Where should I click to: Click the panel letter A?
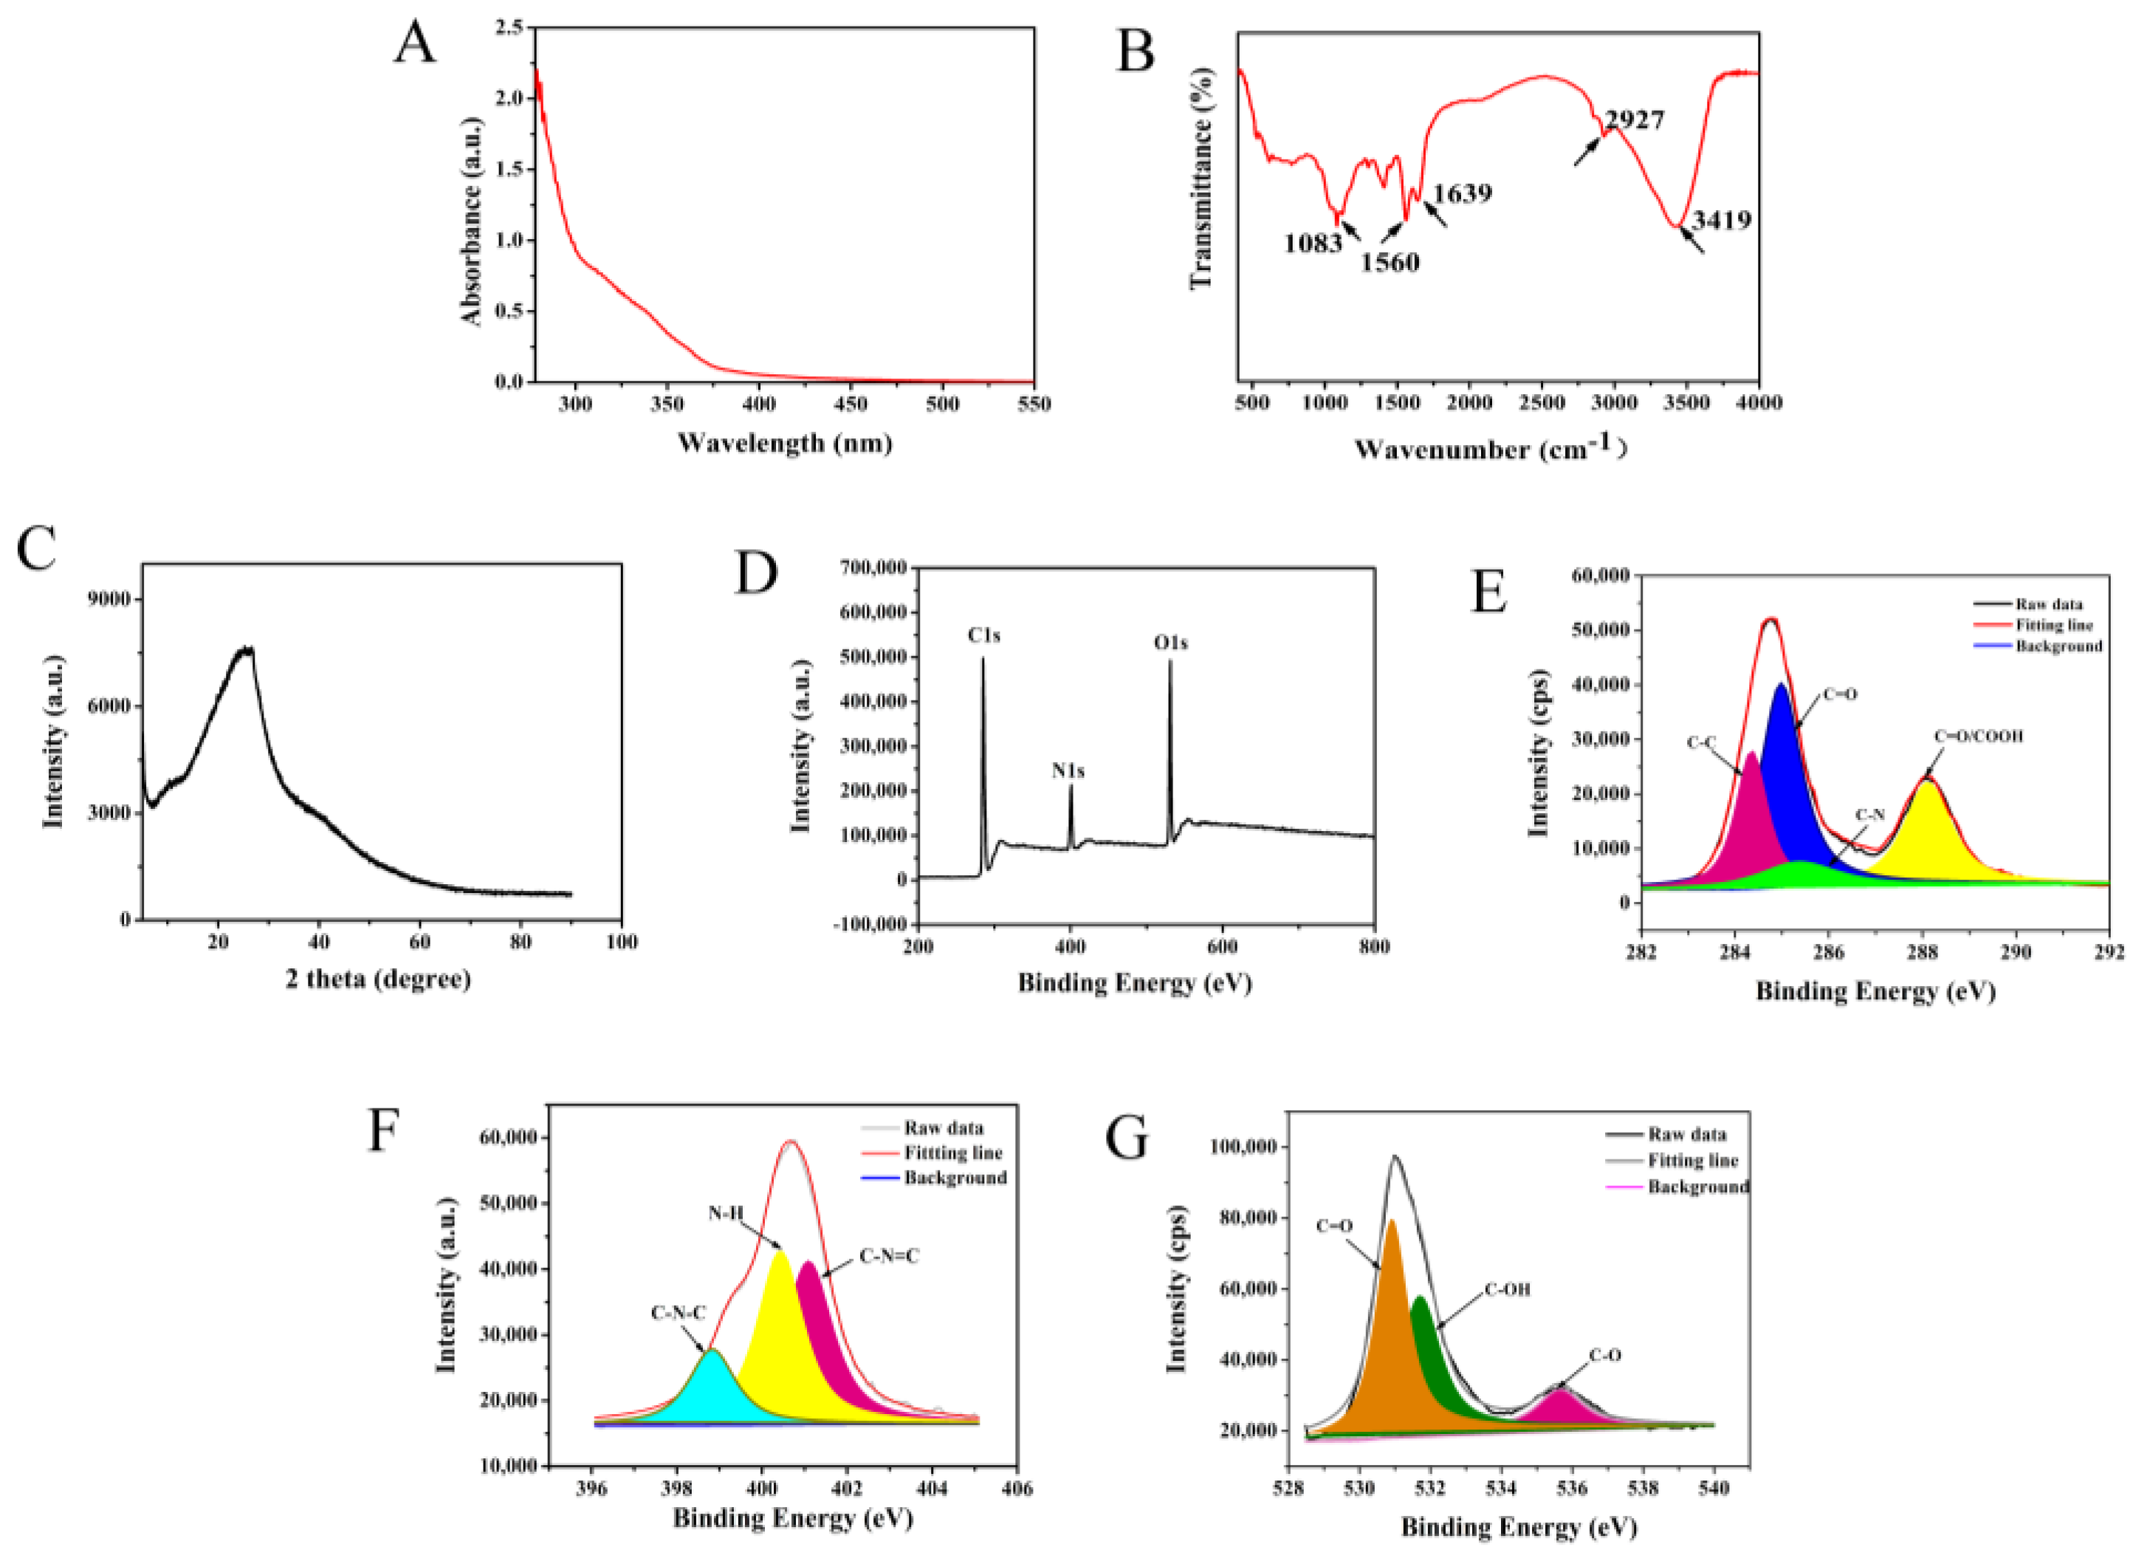tap(414, 43)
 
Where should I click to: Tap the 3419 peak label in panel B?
tap(1721, 220)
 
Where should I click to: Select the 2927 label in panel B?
tap(1634, 120)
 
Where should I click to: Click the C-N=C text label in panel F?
tap(889, 1256)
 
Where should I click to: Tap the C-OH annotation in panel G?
tap(1507, 1289)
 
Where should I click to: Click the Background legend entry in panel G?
tap(1697, 1187)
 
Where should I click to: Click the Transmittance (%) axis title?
tap(1201, 179)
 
